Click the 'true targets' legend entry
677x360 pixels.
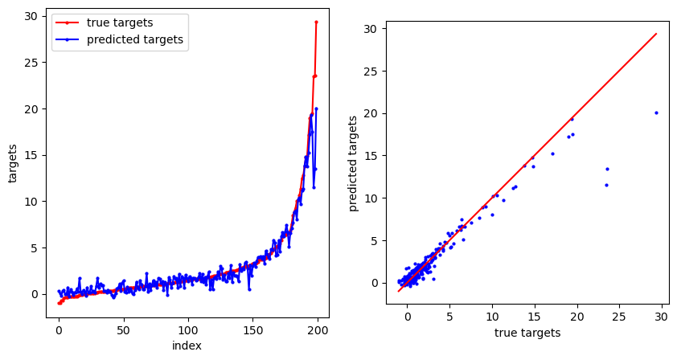(x=120, y=22)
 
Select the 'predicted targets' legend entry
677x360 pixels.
(x=136, y=39)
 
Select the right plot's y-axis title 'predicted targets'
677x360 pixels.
(x=354, y=163)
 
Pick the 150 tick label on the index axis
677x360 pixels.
(x=253, y=329)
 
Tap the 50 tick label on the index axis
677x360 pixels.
(x=123, y=329)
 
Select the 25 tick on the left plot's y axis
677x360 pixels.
(x=30, y=63)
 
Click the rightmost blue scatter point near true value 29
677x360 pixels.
(x=656, y=112)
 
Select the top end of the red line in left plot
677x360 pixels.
(x=316, y=22)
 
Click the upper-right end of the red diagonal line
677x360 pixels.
(x=656, y=34)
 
